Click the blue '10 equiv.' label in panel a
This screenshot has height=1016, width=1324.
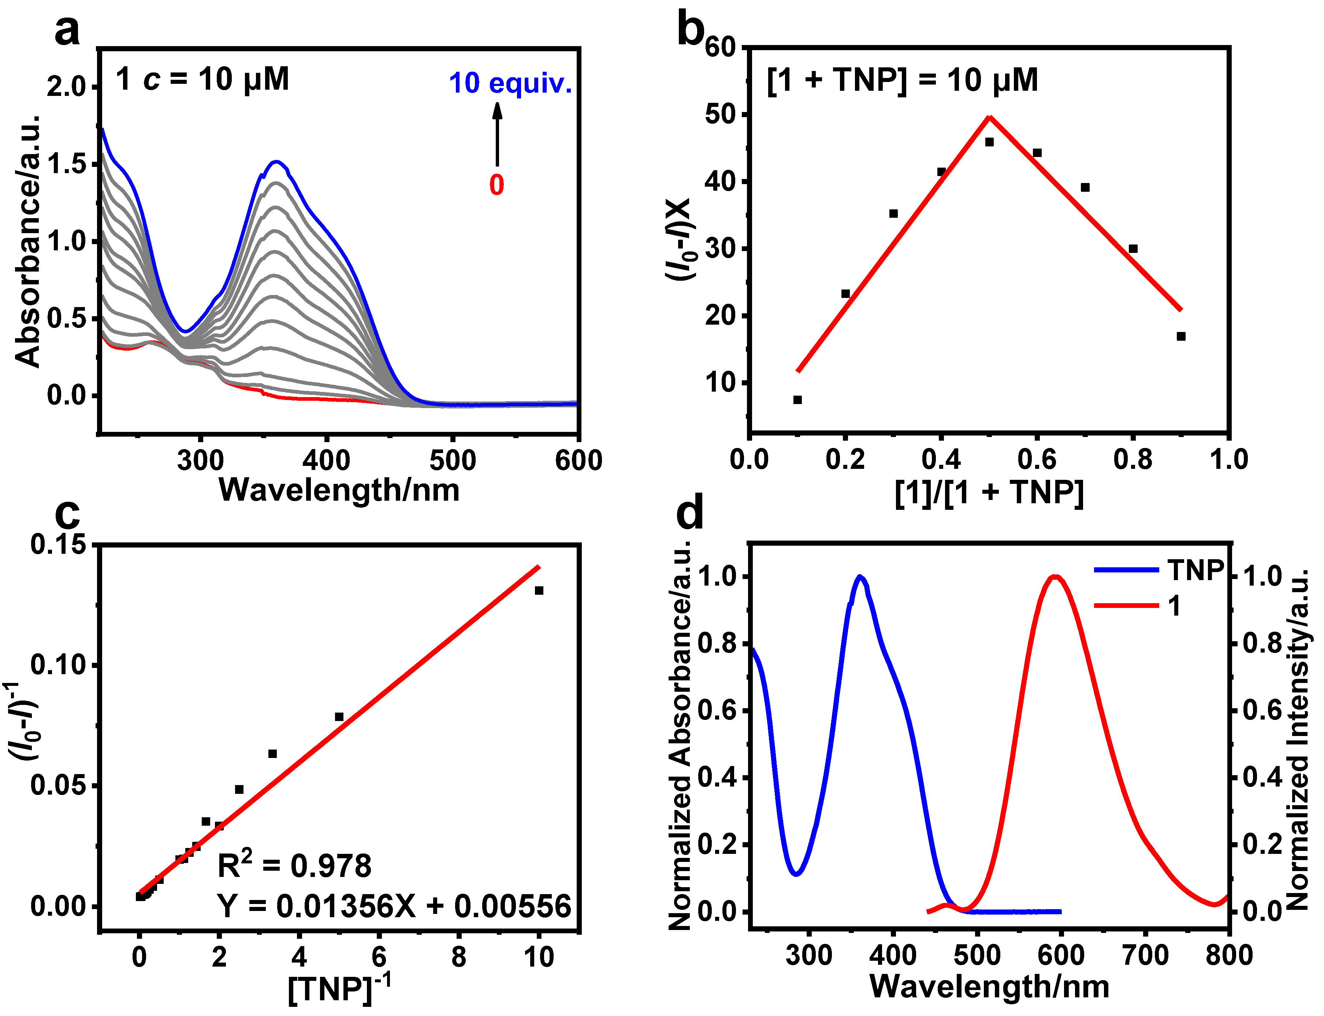pos(510,83)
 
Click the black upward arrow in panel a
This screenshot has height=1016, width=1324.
pos(497,134)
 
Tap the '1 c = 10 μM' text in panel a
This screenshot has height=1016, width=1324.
pos(202,79)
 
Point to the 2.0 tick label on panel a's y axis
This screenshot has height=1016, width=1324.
pos(67,87)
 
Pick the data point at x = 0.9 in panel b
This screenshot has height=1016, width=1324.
pos(1181,336)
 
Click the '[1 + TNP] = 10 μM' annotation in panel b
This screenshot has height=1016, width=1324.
pos(902,81)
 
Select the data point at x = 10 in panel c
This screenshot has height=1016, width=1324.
pos(539,590)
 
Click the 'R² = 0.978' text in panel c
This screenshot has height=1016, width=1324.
pos(294,866)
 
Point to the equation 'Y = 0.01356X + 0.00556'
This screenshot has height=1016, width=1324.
pos(394,906)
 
